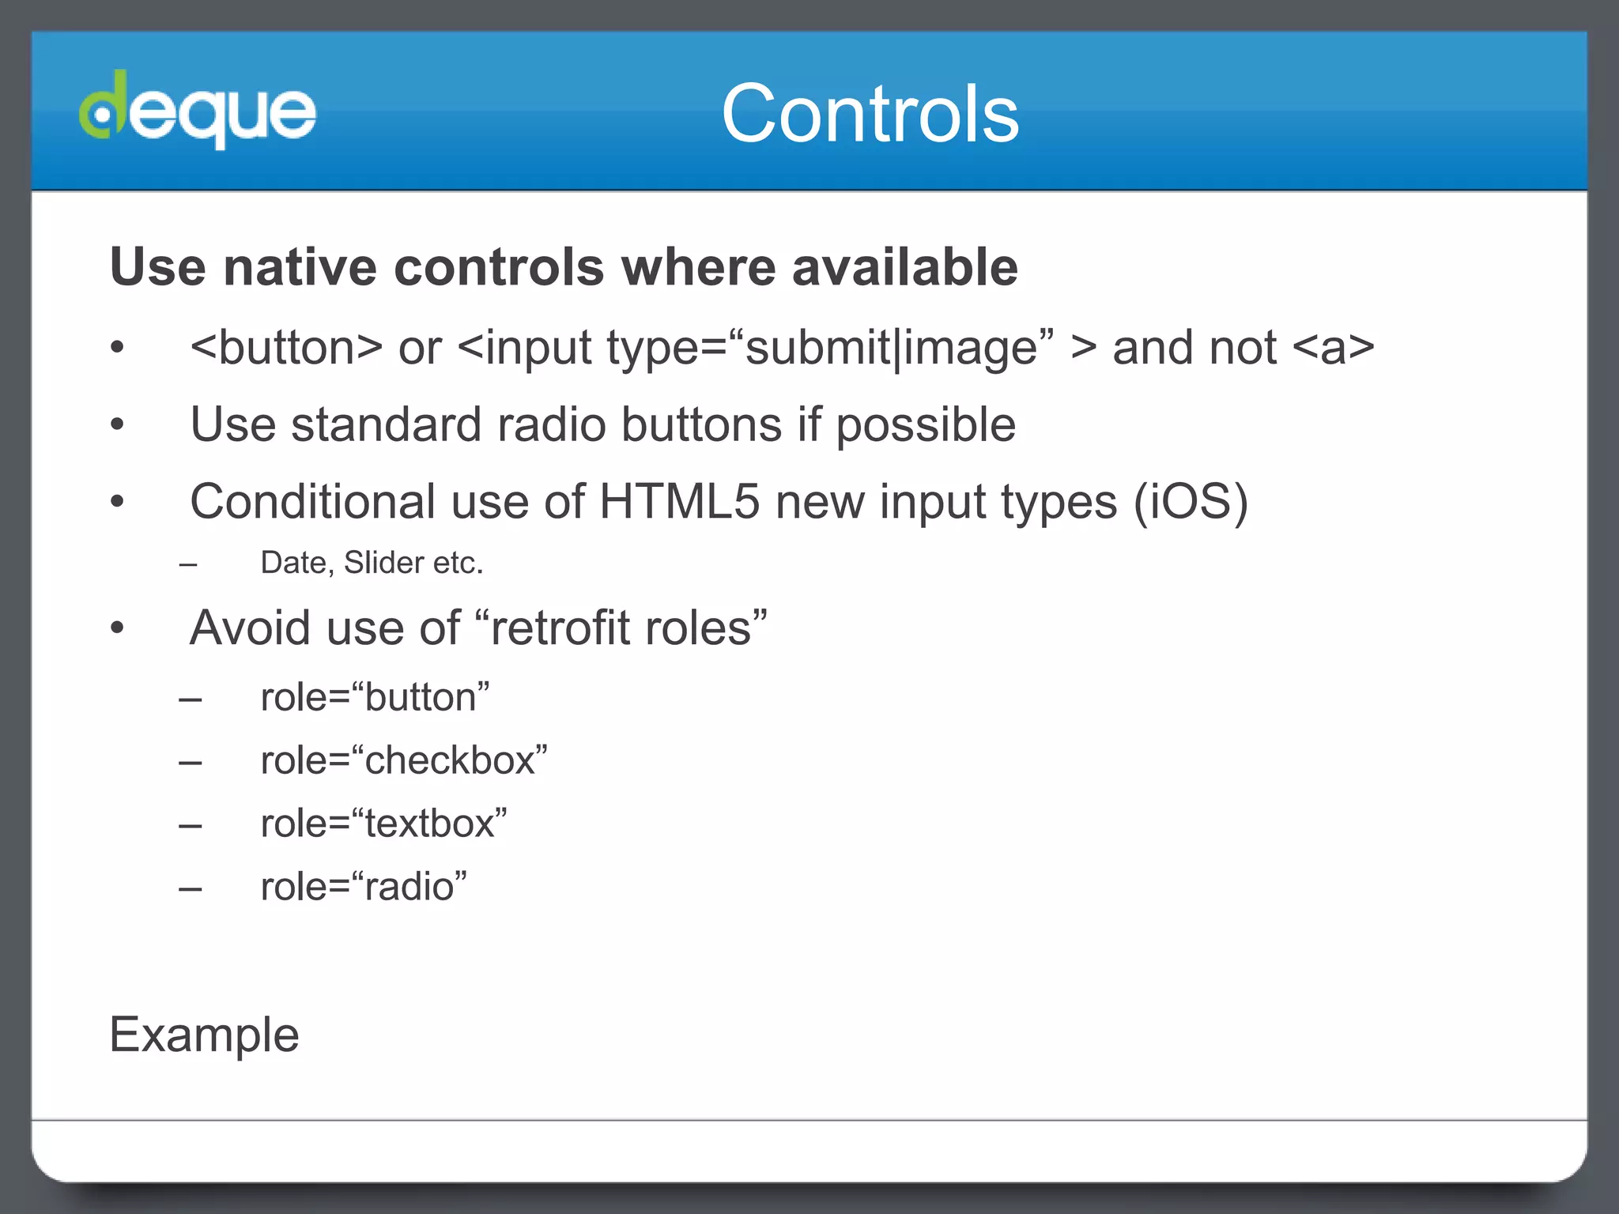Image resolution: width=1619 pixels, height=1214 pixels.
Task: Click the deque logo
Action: tap(198, 111)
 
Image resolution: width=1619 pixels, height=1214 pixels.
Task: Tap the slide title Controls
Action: tap(870, 114)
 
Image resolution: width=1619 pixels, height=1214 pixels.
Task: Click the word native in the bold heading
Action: tap(300, 267)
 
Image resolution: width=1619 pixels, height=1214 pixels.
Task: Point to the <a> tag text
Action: tap(1333, 348)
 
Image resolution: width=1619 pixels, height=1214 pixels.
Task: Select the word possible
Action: tap(925, 425)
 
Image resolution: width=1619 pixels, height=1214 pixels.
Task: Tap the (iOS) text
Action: tap(1191, 501)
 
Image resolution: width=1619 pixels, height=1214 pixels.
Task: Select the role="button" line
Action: tap(375, 697)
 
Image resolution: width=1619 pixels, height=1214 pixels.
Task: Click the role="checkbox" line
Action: tap(404, 760)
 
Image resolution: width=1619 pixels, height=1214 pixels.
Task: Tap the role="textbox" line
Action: tap(383, 824)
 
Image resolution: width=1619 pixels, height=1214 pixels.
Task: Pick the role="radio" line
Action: tap(364, 887)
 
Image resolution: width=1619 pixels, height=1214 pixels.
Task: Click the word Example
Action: tap(205, 1035)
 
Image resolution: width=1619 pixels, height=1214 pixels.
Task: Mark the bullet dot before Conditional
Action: tap(118, 501)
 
